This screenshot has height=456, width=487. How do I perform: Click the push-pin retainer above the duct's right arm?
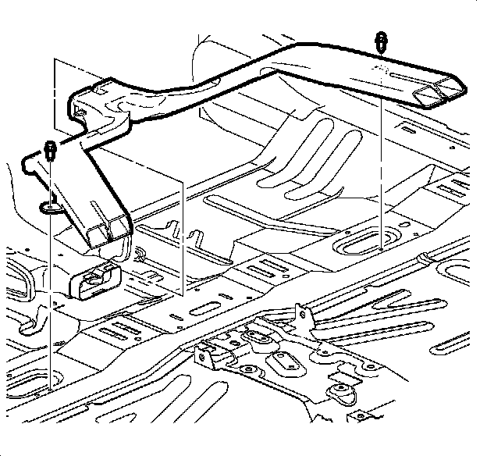click(x=380, y=41)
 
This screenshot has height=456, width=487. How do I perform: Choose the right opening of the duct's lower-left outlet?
click(x=120, y=226)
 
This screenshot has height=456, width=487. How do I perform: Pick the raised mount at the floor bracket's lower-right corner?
click(x=339, y=391)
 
